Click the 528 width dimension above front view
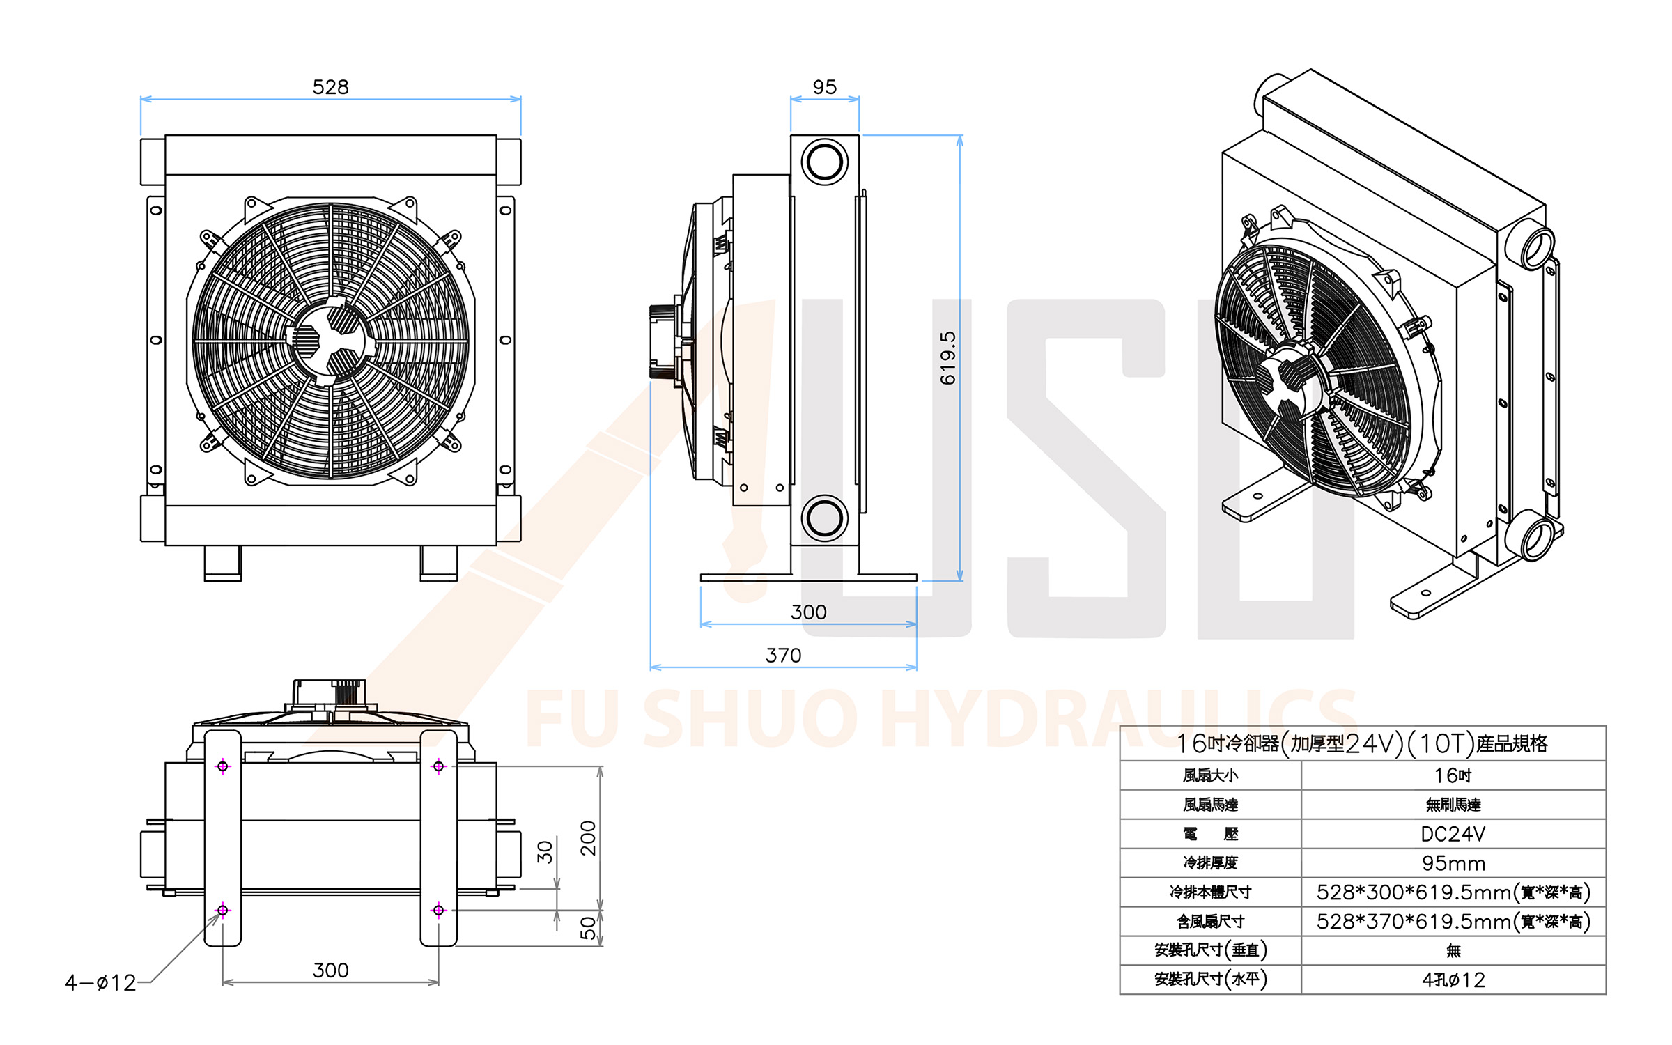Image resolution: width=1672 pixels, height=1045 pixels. pyautogui.click(x=330, y=87)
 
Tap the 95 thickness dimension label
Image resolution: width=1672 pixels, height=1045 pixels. pyautogui.click(x=825, y=87)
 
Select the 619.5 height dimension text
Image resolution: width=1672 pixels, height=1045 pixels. pyautogui.click(x=948, y=358)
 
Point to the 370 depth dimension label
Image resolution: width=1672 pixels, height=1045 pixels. pyautogui.click(x=783, y=656)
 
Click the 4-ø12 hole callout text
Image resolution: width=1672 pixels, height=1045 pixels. pyautogui.click(x=100, y=983)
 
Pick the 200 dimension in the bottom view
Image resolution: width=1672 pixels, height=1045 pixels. pyautogui.click(x=588, y=838)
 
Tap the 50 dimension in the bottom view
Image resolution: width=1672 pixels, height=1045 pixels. pyautogui.click(x=588, y=928)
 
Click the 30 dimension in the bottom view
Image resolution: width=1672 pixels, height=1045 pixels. pyautogui.click(x=545, y=852)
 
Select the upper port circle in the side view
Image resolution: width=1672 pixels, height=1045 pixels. pyautogui.click(x=825, y=162)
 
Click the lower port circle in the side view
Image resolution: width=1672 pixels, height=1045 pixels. pyautogui.click(x=825, y=518)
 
